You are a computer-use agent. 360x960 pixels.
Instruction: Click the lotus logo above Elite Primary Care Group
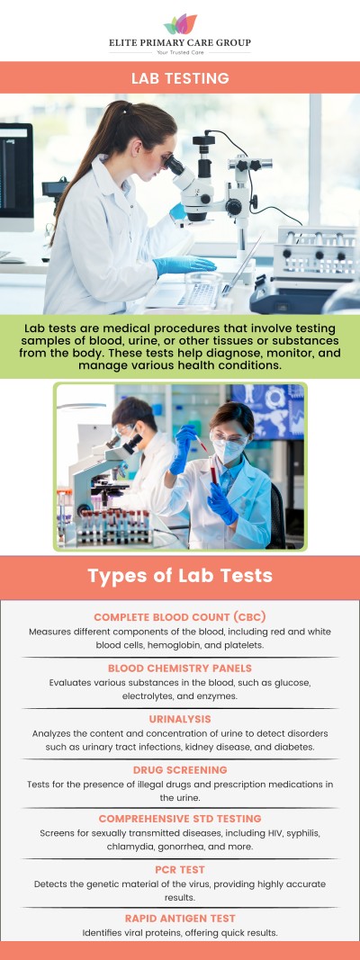pyautogui.click(x=180, y=24)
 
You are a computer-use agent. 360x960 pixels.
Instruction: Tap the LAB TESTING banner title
pyautogui.click(x=180, y=78)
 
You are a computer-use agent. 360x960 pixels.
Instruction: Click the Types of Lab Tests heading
pyautogui.click(x=180, y=576)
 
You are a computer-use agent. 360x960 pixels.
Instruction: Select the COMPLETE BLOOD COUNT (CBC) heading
pyautogui.click(x=179, y=617)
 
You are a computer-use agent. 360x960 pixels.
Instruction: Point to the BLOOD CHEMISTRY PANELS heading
pyautogui.click(x=180, y=668)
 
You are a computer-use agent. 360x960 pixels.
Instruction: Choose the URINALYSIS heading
pyautogui.click(x=180, y=720)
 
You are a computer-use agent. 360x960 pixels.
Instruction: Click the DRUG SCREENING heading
pyautogui.click(x=180, y=770)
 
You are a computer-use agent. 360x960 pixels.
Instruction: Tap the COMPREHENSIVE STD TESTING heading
pyautogui.click(x=180, y=819)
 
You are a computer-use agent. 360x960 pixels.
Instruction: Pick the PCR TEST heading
pyautogui.click(x=180, y=870)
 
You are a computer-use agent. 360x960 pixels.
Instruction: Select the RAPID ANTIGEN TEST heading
pyautogui.click(x=180, y=919)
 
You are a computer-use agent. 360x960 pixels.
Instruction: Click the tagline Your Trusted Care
pyautogui.click(x=180, y=53)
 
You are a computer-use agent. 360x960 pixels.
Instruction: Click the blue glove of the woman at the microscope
pyautogui.click(x=184, y=265)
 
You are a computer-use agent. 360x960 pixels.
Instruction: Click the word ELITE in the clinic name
pyautogui.click(x=126, y=42)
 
